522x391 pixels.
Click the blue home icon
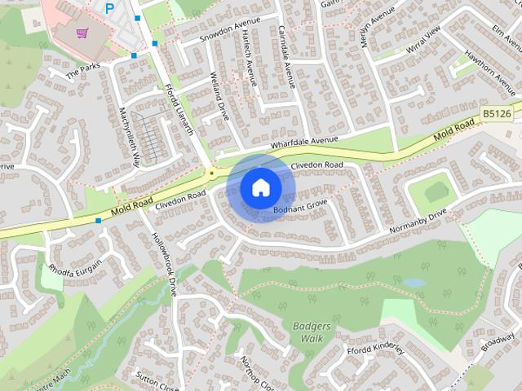point(259,187)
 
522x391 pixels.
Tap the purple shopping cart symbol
point(81,33)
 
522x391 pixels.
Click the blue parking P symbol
point(109,9)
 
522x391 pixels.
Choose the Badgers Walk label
point(312,332)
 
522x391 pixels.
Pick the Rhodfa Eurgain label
point(74,266)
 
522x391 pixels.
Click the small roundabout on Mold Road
point(212,173)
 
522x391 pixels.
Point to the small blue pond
point(414,283)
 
